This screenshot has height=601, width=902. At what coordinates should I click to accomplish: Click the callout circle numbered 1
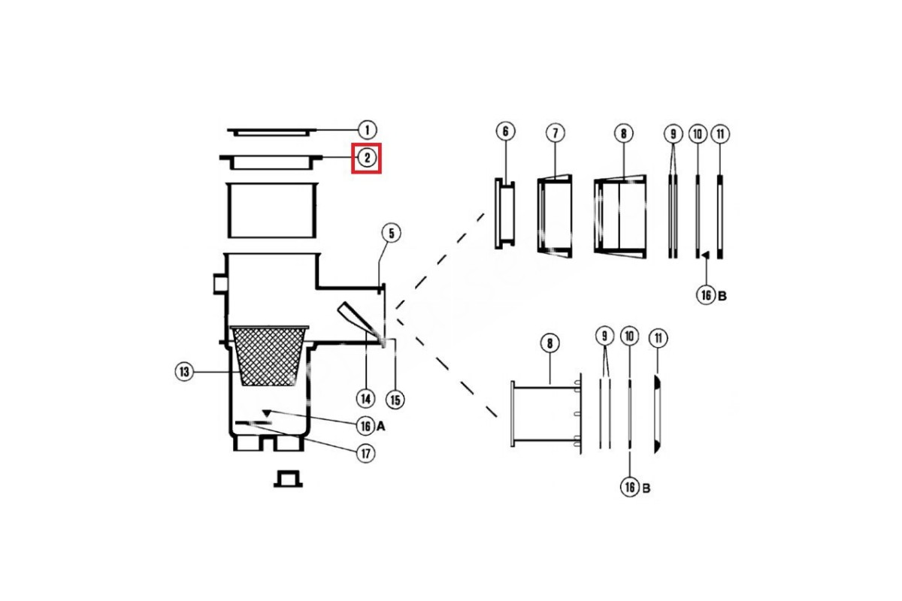(367, 131)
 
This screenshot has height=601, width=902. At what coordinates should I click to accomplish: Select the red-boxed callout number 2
(367, 158)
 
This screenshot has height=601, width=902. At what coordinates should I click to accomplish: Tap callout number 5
(391, 234)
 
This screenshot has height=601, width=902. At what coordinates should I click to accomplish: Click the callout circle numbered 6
(505, 131)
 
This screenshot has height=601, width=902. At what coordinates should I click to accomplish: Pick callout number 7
(555, 133)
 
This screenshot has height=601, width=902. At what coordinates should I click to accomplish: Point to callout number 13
(184, 372)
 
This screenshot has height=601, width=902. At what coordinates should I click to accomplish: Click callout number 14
(365, 399)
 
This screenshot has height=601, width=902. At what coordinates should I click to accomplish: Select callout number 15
(395, 400)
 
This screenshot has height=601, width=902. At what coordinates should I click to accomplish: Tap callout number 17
(365, 454)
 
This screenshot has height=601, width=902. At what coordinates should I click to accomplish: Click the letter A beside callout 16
(380, 426)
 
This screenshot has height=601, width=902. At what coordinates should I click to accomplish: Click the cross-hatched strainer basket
(269, 355)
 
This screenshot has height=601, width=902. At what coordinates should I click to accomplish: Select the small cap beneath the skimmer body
(288, 479)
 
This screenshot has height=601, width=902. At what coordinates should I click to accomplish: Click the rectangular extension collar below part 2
(272, 210)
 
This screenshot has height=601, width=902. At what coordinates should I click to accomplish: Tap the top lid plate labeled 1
(272, 132)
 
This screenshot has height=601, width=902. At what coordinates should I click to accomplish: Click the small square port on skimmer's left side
(219, 284)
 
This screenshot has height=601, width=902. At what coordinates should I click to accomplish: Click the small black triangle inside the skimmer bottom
(267, 413)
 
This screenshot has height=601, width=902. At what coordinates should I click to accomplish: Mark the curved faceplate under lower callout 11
(657, 414)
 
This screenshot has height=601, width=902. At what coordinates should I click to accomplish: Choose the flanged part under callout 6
(504, 214)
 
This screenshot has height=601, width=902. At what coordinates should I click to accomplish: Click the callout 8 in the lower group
(549, 343)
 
